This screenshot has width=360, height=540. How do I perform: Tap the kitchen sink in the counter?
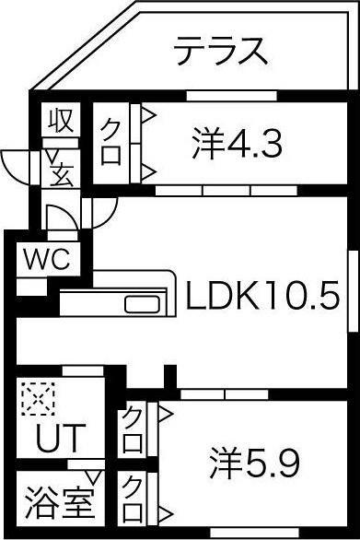click(x=141, y=305)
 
